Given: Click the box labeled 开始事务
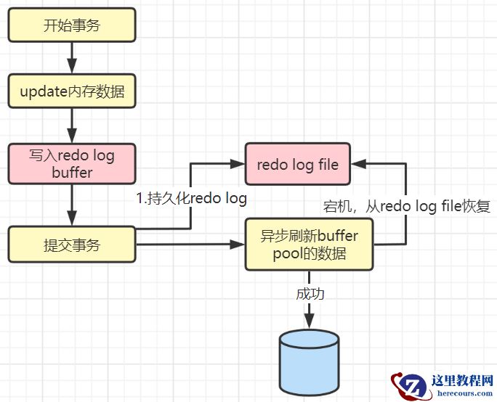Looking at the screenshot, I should tap(72, 25).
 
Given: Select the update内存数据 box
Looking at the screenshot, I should tap(72, 91).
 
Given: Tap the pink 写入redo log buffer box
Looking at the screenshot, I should tap(72, 163).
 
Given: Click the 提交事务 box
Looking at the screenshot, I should tap(72, 244).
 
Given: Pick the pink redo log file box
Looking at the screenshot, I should tap(298, 164).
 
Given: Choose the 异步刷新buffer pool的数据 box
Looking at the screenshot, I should tap(309, 245).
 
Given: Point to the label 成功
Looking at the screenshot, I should tap(310, 294).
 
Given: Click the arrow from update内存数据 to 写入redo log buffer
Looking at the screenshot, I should tap(72, 126).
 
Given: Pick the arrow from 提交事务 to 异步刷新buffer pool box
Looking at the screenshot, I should tap(189, 245).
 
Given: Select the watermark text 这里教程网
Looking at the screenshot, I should tap(463, 380).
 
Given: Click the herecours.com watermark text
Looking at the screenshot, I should tap(463, 393).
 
